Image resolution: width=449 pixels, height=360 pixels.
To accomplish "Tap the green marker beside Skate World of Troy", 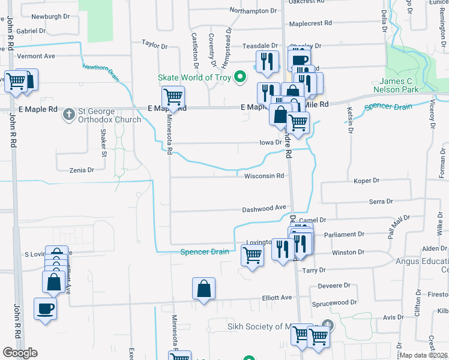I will pyautogui.click(x=240, y=77).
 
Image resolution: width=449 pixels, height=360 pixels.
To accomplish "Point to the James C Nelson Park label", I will pyautogui.click(x=406, y=85).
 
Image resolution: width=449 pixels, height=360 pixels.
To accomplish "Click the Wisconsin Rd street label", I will pyautogui.click(x=264, y=176).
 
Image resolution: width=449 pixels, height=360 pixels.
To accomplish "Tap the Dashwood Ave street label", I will pyautogui.click(x=264, y=208).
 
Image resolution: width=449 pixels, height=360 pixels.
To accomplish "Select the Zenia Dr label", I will pyautogui.click(x=82, y=170).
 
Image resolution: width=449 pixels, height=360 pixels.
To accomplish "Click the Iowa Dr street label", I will pyautogui.click(x=270, y=143).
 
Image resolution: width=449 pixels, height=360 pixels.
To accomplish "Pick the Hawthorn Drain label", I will pyautogui.click(x=101, y=72).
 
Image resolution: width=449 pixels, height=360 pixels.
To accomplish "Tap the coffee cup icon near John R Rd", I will pyautogui.click(x=46, y=309).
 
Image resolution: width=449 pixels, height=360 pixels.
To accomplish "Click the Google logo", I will pyautogui.click(x=20, y=353).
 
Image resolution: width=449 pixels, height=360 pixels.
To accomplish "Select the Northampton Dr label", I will pyautogui.click(x=253, y=11).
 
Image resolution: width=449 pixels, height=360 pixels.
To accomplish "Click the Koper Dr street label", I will pyautogui.click(x=367, y=180).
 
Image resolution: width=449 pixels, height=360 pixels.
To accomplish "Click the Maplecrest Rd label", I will pyautogui.click(x=310, y=24).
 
